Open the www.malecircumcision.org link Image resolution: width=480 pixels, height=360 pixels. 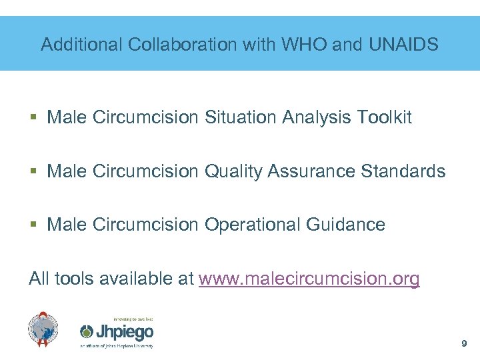(309, 279)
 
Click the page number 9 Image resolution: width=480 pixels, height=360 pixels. (464, 344)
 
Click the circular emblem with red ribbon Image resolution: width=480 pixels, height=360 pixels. (43, 329)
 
